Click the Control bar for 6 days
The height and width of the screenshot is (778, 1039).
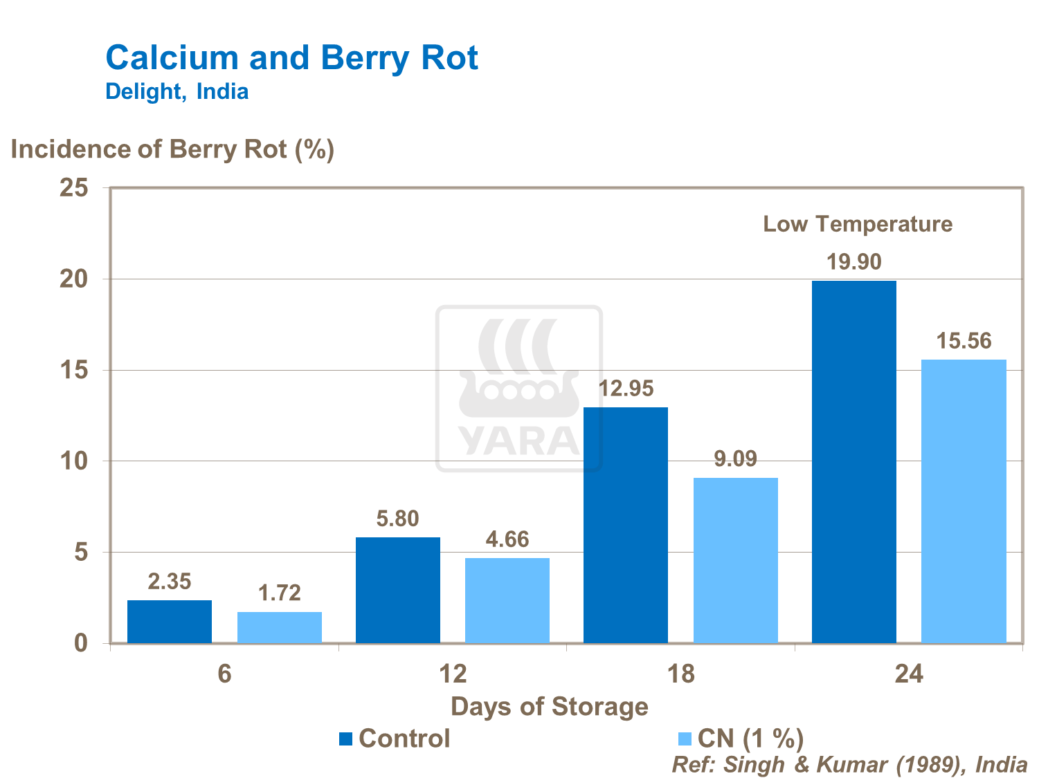(170, 621)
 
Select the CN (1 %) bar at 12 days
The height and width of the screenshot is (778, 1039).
(507, 600)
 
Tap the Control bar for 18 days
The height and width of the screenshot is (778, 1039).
(626, 525)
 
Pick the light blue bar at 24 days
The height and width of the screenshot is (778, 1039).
(964, 501)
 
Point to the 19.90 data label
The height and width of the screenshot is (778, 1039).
(854, 262)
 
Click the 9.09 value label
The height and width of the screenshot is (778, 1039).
(735, 459)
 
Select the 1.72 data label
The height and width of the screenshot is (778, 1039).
(280, 593)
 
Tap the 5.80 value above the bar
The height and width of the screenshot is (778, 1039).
(397, 519)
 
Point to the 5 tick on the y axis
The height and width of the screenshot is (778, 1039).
(82, 552)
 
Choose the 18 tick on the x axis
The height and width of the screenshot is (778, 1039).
(681, 674)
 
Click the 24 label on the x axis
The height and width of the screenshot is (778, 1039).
(909, 674)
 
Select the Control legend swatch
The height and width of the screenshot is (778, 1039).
(346, 739)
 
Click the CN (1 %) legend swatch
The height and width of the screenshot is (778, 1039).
(685, 739)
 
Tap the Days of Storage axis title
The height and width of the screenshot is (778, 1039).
(550, 707)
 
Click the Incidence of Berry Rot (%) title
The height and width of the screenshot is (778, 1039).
(172, 149)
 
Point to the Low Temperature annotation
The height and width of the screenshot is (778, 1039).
(858, 224)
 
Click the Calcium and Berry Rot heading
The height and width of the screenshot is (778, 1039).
(291, 57)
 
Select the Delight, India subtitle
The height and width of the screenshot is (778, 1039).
(177, 91)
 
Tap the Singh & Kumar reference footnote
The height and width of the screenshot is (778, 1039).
(849, 764)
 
